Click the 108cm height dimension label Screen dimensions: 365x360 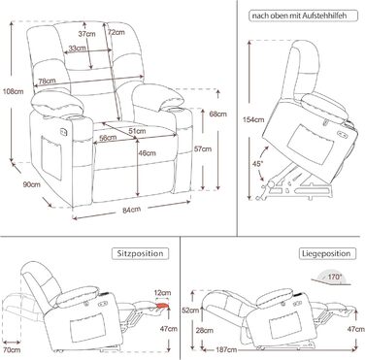pos(13,91)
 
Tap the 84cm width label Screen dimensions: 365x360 pos(131,210)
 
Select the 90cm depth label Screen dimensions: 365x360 pos(32,184)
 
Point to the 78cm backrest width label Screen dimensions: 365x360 pos(47,82)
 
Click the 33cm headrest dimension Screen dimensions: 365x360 pos(77,49)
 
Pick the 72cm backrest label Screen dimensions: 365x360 pos(116,32)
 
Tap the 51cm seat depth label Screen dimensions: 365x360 pos(137,131)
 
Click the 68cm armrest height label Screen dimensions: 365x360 pos(217,114)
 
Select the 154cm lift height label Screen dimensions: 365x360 pos(253,119)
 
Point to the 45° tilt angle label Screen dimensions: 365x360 pos(257,164)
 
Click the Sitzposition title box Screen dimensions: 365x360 pos(141,253)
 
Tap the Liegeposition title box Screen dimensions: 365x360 pos(327,253)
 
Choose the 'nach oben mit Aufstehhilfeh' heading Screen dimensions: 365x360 pos(304,16)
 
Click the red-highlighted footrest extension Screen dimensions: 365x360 pos(162,306)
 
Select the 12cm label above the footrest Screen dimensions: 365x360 pos(162,293)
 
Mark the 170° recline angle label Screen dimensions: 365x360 pos(335,277)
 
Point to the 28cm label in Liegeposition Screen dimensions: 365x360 pos(205,330)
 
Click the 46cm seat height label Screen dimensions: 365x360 pos(147,153)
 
